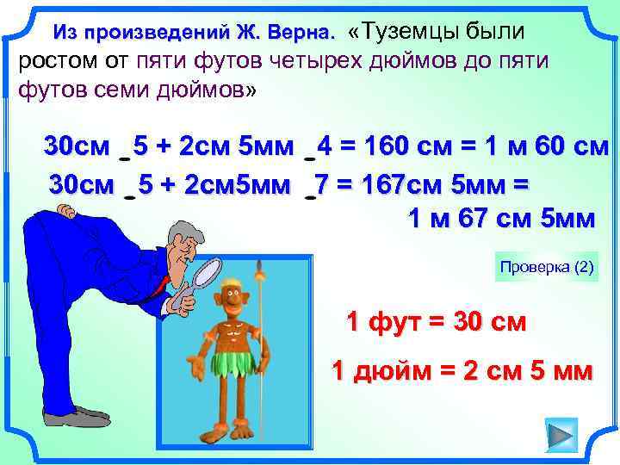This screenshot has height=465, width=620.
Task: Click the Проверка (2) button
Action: (x=547, y=268)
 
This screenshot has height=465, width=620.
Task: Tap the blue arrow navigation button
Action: (x=561, y=436)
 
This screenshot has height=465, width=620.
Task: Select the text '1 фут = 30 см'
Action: (x=435, y=323)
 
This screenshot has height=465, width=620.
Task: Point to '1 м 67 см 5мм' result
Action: (x=499, y=220)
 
